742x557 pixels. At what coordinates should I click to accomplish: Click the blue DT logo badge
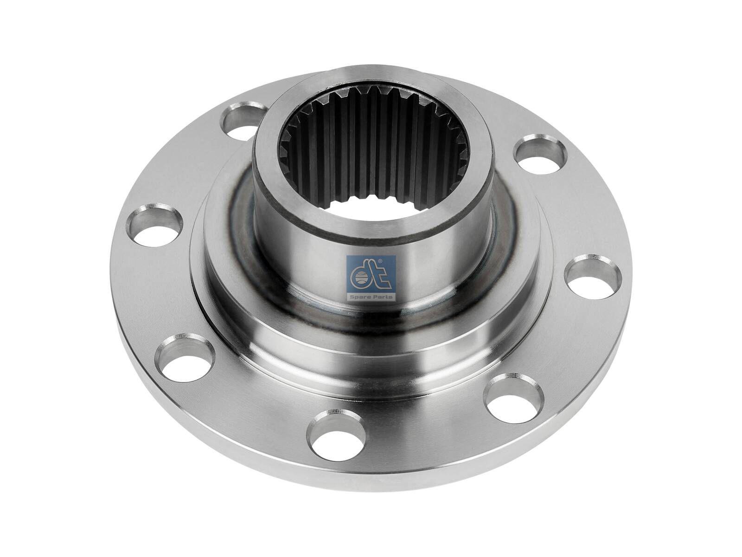click(x=371, y=278)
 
